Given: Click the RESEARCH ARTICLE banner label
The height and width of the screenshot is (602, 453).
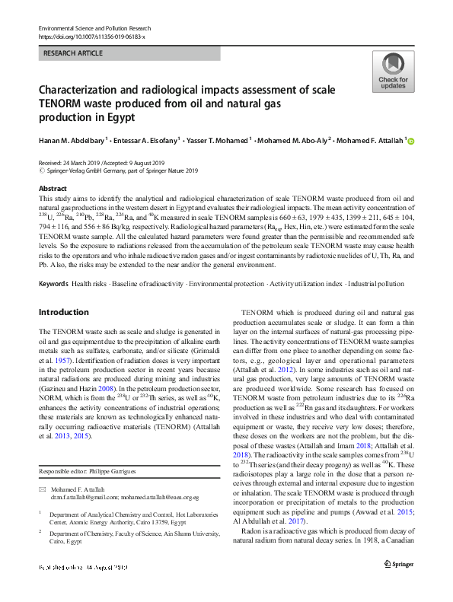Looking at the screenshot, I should coord(73,53).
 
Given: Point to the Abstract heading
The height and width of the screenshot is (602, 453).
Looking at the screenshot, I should coord(52,187).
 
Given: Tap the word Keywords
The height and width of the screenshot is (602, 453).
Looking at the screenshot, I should coord(53,283).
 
